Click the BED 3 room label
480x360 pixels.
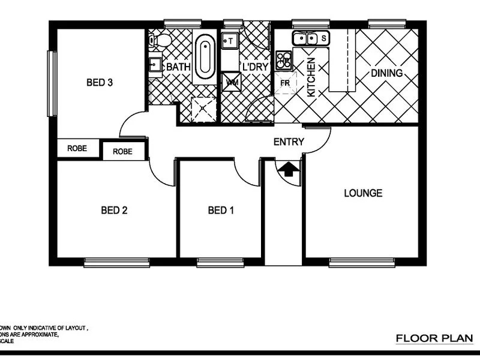(x=100, y=83)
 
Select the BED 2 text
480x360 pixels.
(x=114, y=210)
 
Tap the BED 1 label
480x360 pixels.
(x=221, y=210)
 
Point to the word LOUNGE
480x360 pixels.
(x=362, y=193)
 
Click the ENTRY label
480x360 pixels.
(x=289, y=142)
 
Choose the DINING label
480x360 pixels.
(x=386, y=73)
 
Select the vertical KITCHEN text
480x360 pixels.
(x=311, y=77)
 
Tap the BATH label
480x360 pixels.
(x=178, y=67)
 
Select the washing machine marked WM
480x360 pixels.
(x=232, y=82)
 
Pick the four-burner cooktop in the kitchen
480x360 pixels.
(x=284, y=59)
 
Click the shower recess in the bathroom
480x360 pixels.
(x=205, y=109)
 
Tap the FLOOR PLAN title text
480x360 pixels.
(x=434, y=339)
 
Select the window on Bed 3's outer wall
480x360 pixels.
(x=52, y=83)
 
